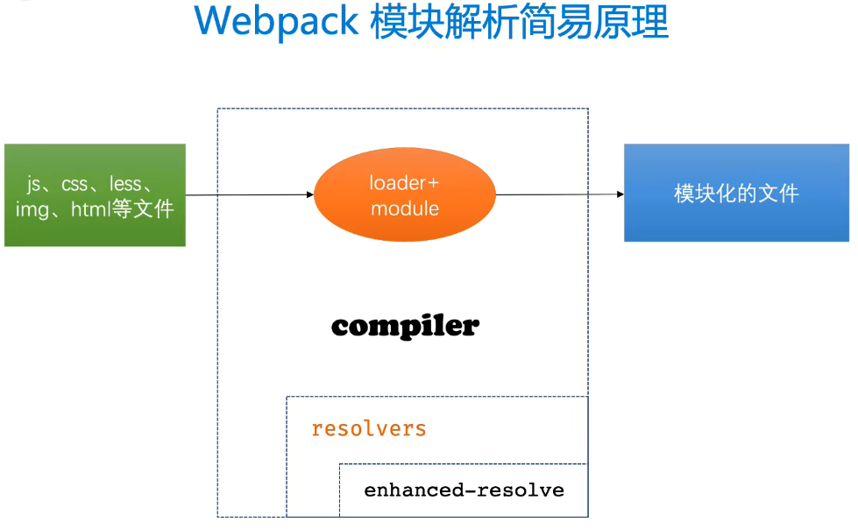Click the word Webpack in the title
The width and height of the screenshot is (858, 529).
coord(276,22)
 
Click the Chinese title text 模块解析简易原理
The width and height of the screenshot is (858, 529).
coord(520,22)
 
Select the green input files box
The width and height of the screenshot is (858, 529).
coord(95,195)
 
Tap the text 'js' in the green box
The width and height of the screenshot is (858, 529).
coord(34,184)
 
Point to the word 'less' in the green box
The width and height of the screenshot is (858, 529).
coord(125,184)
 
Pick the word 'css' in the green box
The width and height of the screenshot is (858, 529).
coord(74,184)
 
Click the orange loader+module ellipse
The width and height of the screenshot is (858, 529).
coord(405,194)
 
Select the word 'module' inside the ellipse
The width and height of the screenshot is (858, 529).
coord(405,208)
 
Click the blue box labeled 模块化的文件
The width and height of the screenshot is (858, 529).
coord(736,193)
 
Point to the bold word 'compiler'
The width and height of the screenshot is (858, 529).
coord(405,326)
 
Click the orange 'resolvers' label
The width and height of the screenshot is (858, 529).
coord(369,429)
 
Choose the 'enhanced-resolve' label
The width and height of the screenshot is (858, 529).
coord(464,490)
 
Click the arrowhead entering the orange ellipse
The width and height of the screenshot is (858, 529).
coord(309,194)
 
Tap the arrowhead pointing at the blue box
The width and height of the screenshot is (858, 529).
coord(619,194)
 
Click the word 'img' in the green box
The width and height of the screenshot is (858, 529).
coord(32,209)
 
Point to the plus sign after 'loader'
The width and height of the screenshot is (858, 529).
coord(434,183)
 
